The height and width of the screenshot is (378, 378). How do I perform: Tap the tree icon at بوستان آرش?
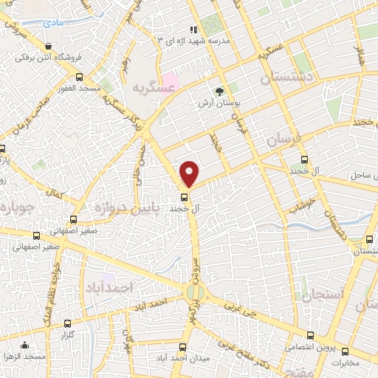[219, 92]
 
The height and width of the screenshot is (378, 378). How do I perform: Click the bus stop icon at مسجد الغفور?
[80, 77]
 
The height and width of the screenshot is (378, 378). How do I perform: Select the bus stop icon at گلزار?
[68, 323]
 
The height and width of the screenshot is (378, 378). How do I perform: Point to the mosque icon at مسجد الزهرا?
[26, 345]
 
